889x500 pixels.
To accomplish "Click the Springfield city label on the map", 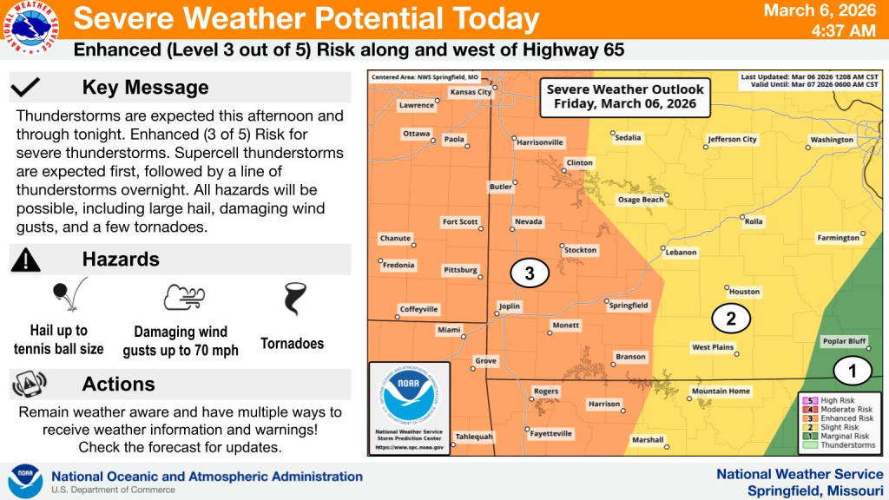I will [629, 306].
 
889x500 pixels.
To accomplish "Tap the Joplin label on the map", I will [509, 306].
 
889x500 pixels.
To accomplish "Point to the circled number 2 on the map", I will [730, 319].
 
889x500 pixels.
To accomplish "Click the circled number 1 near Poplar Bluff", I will [852, 371].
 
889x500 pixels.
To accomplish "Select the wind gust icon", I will [183, 297].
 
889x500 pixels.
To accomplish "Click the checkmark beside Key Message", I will [27, 87].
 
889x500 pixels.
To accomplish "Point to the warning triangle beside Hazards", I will [27, 259].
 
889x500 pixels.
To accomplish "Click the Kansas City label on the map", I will [471, 92].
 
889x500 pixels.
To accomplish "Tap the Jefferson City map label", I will [732, 139].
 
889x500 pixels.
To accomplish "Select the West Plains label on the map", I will [713, 347].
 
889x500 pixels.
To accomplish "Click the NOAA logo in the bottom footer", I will [24, 481].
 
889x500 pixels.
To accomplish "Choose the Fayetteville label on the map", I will [552, 433].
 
